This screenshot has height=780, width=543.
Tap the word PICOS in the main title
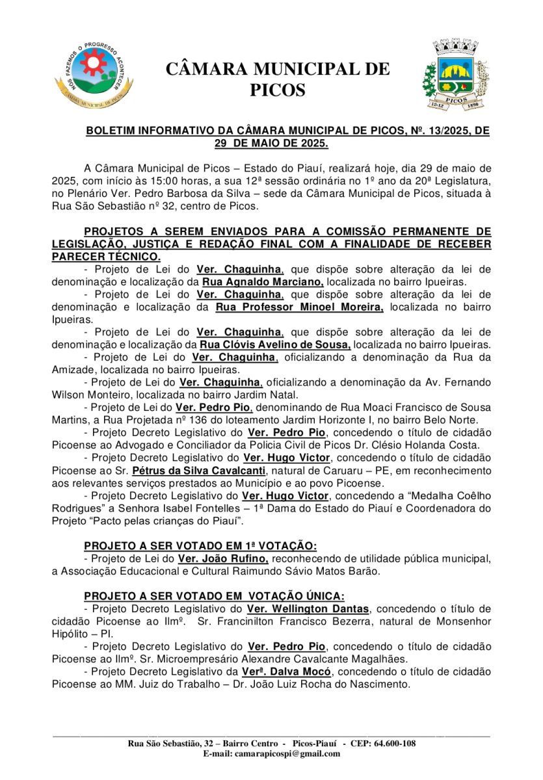tap(278, 90)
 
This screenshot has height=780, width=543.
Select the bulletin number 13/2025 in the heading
tap(440, 131)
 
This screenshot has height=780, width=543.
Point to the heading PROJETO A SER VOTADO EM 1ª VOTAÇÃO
tap(200, 546)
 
